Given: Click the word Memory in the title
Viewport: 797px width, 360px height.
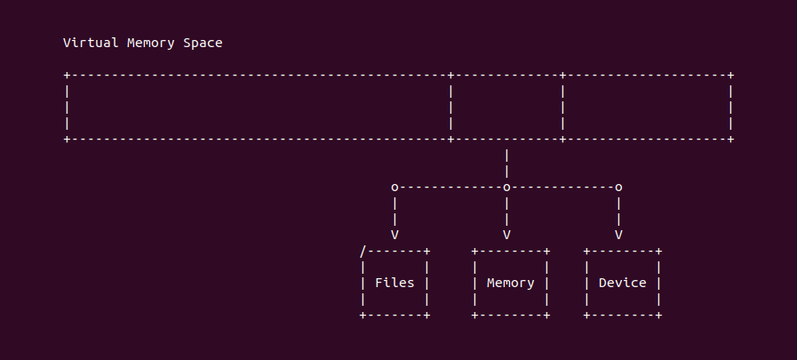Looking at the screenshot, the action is point(150,44).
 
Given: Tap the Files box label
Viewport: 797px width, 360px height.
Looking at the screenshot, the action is point(395,283).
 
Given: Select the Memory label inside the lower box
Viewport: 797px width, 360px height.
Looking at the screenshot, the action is point(510,284).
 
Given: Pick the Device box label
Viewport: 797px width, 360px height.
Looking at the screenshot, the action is point(622,283).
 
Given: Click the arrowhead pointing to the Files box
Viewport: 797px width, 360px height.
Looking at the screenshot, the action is point(395,235).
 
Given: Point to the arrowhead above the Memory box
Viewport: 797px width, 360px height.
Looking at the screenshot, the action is point(506,235).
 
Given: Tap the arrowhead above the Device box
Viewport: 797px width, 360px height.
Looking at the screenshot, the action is point(618,235).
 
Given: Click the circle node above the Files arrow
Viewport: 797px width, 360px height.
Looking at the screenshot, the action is point(395,188).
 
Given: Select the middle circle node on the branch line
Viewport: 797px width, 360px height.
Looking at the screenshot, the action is point(506,188).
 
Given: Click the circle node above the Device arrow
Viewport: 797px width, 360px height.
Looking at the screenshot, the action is point(618,188).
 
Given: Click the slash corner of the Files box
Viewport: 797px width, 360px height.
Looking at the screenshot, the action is point(363,252).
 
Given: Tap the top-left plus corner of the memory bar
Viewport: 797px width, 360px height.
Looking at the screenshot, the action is point(67,76).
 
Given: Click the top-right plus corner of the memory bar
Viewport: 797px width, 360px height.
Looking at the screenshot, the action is point(730,76).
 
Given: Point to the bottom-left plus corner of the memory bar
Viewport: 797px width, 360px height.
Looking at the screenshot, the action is point(67,140).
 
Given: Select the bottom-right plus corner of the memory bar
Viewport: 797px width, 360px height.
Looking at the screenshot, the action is point(730,140).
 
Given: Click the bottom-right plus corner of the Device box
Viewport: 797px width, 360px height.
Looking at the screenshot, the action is point(658,316).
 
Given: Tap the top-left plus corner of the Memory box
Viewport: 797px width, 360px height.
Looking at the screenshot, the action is point(474,252).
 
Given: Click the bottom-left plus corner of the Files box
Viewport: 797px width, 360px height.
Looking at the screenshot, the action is point(363,316).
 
